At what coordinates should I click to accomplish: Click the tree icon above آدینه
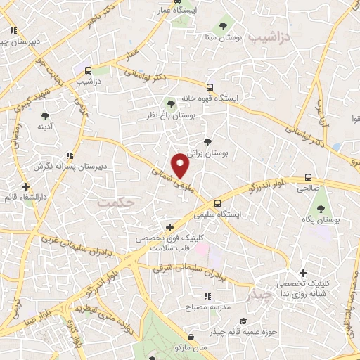pos(46,116)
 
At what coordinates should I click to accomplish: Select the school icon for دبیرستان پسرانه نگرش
pos(69,155)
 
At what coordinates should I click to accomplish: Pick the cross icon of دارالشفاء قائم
pos(26,187)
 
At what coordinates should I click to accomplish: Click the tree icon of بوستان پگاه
pos(322,209)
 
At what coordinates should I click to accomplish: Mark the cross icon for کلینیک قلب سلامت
pos(169,227)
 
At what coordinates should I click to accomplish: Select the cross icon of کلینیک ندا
pos(303,273)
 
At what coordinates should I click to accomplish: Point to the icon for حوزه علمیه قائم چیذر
pos(213,330)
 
